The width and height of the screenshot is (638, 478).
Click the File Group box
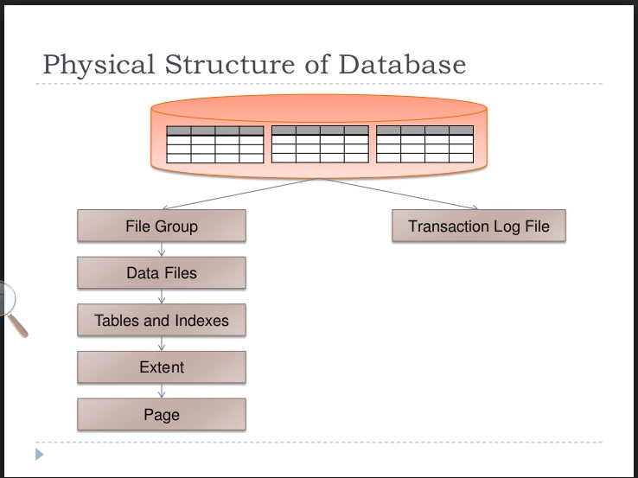[162, 226]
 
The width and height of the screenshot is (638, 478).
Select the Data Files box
[162, 273]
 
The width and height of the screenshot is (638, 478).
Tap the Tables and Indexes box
[162, 321]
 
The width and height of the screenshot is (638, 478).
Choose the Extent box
[162, 367]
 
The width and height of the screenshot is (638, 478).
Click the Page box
[162, 415]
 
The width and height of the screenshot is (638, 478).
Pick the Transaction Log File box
[478, 226]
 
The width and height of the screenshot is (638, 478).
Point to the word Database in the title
[402, 65]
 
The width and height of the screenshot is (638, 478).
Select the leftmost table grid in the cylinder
[214, 144]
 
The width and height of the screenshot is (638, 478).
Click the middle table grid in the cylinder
[320, 144]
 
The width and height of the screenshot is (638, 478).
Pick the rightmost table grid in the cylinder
[424, 144]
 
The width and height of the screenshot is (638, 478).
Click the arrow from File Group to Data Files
[162, 250]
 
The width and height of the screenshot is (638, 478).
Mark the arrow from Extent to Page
[162, 391]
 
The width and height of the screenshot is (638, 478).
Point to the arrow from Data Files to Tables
[162, 296]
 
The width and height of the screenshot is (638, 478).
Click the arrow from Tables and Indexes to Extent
[162, 344]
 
